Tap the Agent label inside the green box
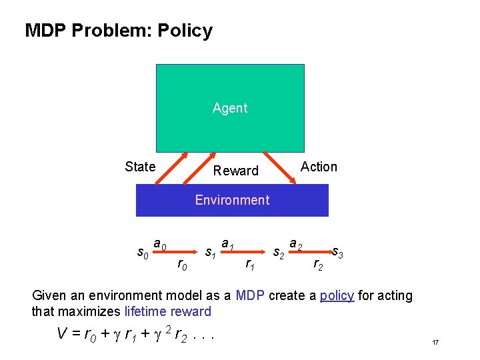click(x=230, y=108)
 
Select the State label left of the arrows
click(x=140, y=167)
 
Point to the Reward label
click(x=235, y=171)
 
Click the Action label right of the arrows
click(x=319, y=167)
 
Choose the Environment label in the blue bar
click(x=232, y=200)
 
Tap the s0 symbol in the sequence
click(x=142, y=253)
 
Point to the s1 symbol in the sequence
click(x=210, y=253)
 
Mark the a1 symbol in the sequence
click(x=227, y=245)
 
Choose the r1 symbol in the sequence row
click(x=249, y=265)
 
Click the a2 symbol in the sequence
click(x=296, y=245)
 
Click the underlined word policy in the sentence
click(x=337, y=295)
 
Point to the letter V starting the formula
click(x=63, y=334)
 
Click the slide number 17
click(x=435, y=342)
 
